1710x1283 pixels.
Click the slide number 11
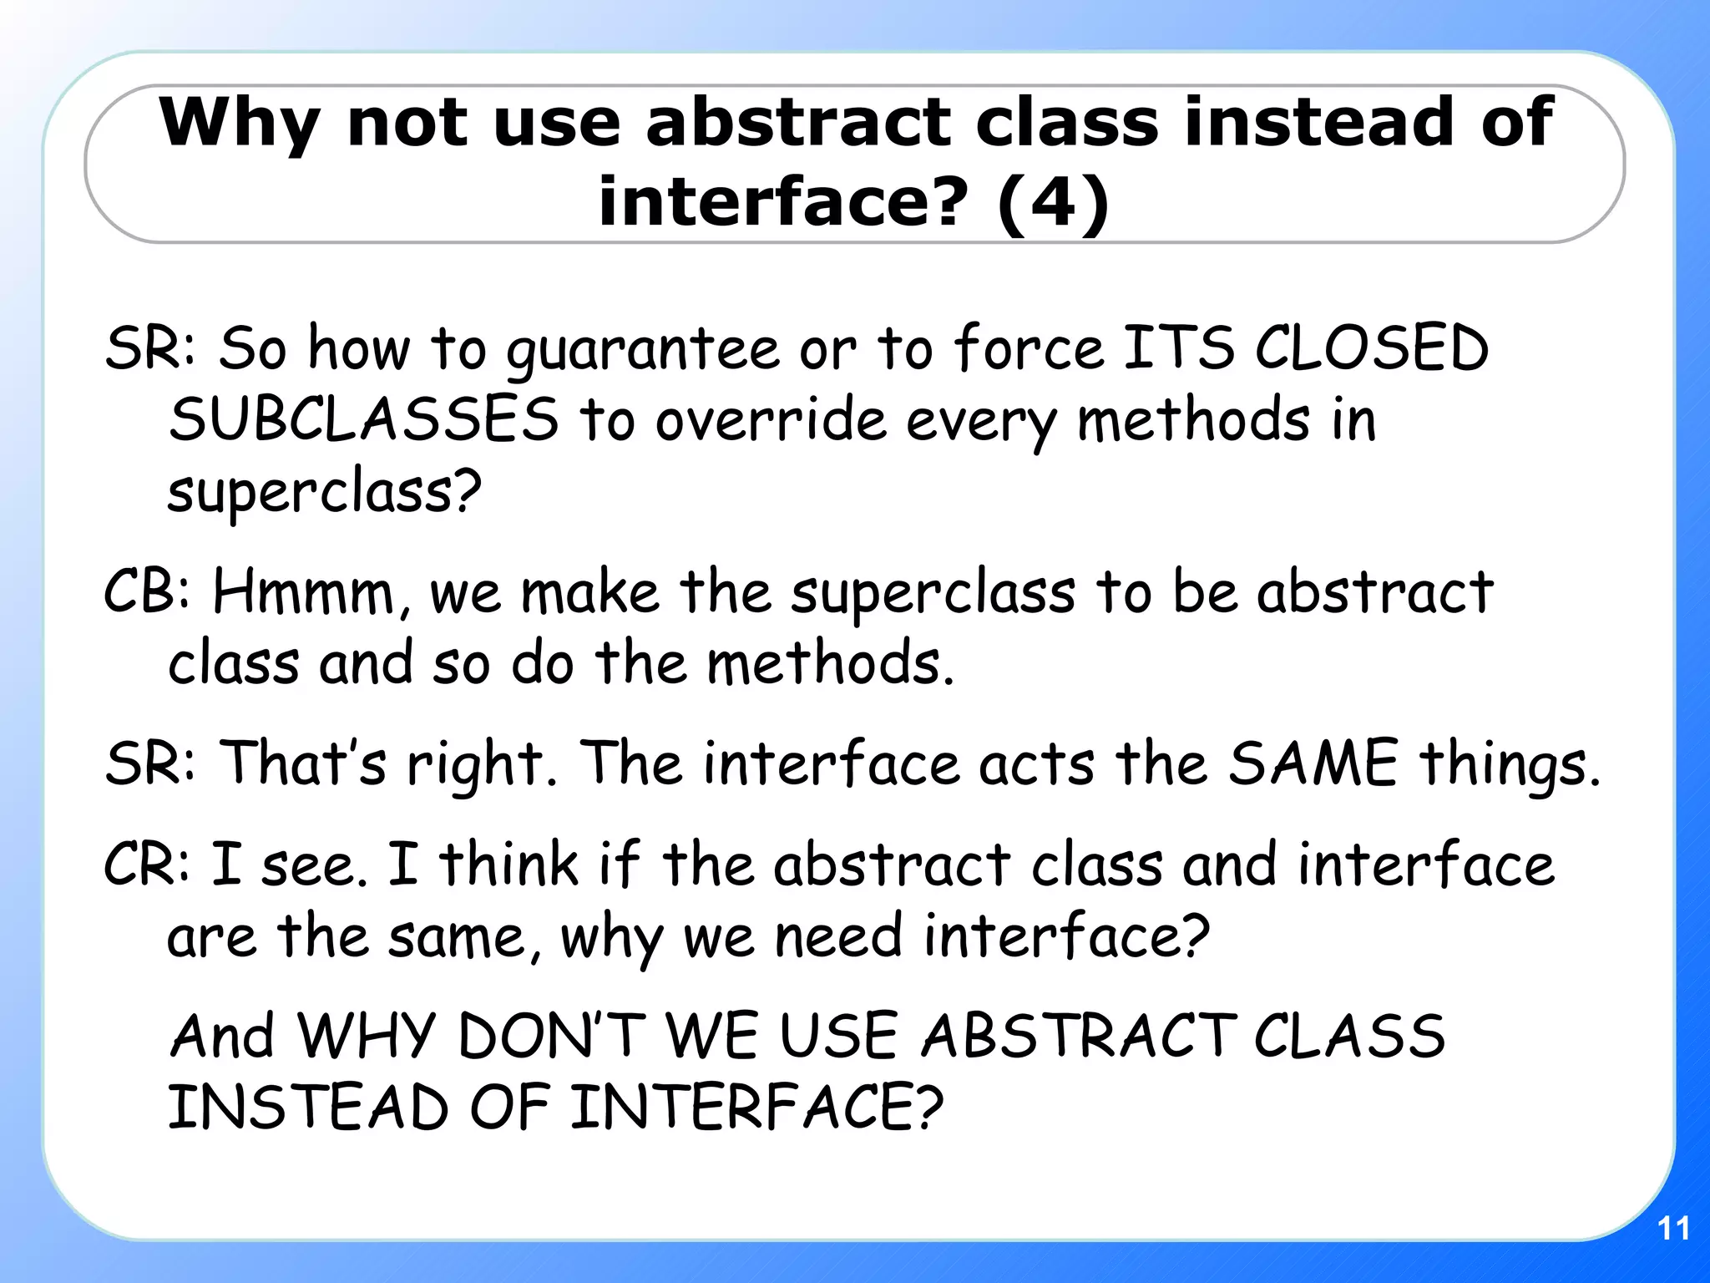pyautogui.click(x=1673, y=1229)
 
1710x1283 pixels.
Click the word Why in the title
pyautogui.click(x=239, y=124)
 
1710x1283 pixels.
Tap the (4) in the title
pyautogui.click(x=1053, y=202)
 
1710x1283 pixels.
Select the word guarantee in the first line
pyautogui.click(x=642, y=349)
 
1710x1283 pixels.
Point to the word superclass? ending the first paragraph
pyautogui.click(x=324, y=492)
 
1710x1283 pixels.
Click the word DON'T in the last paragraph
pyautogui.click(x=552, y=1036)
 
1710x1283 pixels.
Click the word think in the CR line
pyautogui.click(x=508, y=864)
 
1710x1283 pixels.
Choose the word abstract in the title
pyautogui.click(x=798, y=124)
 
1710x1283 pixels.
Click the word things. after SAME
pyautogui.click(x=1510, y=763)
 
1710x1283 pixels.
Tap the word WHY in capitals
pyautogui.click(x=367, y=1036)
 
